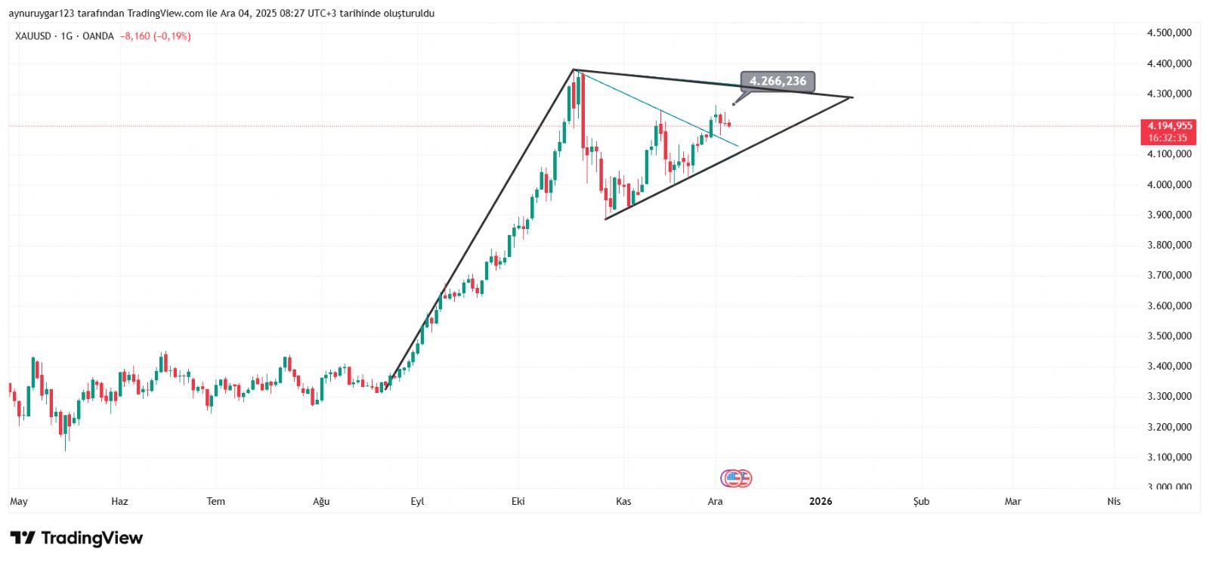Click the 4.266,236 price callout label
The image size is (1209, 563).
pos(778,81)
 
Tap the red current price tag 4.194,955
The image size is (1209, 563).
pos(1168,126)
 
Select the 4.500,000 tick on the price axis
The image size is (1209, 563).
pos(1169,33)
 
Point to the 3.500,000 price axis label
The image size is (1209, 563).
pos(1169,336)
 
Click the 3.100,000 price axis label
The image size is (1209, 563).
pos(1169,457)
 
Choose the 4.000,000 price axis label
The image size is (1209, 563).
pos(1169,184)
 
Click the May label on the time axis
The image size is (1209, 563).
pos(19,501)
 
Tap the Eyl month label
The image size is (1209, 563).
pos(417,501)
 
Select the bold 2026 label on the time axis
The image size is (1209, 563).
pos(821,501)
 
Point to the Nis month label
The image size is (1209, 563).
pos(1114,501)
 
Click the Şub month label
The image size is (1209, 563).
pos(921,501)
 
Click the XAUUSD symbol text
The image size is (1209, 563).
pos(32,36)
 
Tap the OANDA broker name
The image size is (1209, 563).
pos(98,36)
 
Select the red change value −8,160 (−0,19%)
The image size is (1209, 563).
pos(156,36)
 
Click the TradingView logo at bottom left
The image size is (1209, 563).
pos(76,538)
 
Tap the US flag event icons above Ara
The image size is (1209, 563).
pos(737,478)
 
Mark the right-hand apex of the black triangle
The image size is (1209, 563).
pos(852,97)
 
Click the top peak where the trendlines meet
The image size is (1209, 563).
pos(574,70)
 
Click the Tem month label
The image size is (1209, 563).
pos(215,501)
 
